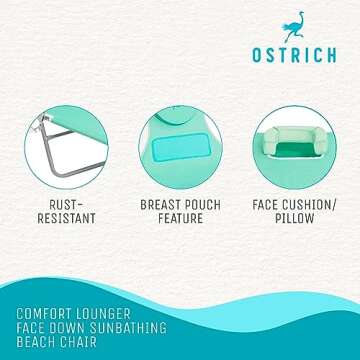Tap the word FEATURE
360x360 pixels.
(x=180, y=218)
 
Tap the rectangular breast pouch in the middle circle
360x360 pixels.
(x=180, y=133)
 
